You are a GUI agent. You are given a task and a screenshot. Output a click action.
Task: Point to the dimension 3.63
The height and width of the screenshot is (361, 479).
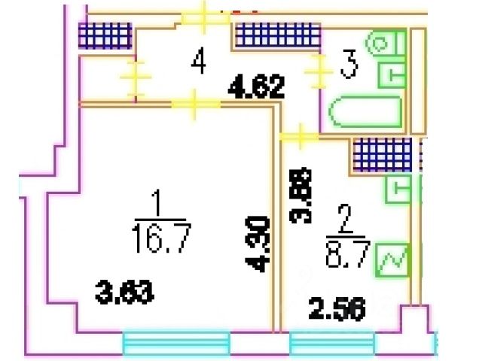click(x=124, y=290)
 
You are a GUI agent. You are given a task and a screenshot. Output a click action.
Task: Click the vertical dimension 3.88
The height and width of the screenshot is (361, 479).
click(x=301, y=195)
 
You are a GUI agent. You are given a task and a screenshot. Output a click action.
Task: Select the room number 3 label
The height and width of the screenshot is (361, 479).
click(x=348, y=65)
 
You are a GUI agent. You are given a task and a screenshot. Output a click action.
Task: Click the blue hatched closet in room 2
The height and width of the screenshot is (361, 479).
click(x=383, y=155)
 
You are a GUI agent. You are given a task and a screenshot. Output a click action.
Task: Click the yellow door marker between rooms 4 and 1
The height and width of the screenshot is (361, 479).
click(x=194, y=105)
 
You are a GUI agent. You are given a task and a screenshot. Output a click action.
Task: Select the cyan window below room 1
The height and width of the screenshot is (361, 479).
click(x=175, y=344)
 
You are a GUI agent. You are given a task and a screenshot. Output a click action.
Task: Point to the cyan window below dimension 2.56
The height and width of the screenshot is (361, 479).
click(x=332, y=344)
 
